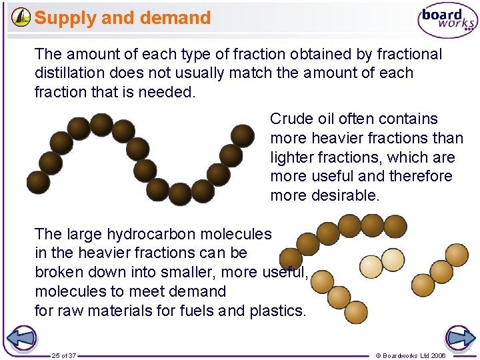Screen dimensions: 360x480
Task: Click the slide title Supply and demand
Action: coord(123,18)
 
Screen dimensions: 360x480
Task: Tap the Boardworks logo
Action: coord(447,21)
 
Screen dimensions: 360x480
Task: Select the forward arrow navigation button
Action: coord(459,339)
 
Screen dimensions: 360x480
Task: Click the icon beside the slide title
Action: coord(21,17)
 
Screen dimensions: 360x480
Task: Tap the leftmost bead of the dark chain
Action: coord(38,182)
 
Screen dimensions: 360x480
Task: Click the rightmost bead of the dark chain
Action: coord(243,136)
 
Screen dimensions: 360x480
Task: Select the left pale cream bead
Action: coord(371,267)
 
